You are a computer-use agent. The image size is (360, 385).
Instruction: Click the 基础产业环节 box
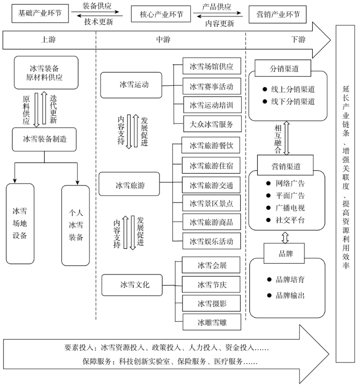point(40,13)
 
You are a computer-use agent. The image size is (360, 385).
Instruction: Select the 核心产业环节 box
point(161,14)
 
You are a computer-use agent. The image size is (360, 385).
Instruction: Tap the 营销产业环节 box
point(278,14)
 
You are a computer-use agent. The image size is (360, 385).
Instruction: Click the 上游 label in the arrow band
point(48,40)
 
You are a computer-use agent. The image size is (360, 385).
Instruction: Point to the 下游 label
point(298,40)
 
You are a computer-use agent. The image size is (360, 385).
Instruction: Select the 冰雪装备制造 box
point(44,139)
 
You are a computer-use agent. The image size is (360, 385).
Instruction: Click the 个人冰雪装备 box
point(76,226)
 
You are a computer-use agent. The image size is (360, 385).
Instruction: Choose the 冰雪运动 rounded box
point(131,85)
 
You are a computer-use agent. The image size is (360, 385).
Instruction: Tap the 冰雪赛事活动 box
point(212,86)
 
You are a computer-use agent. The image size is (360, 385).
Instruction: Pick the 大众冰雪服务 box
point(212,124)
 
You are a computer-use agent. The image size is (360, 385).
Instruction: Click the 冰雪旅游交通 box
point(211,185)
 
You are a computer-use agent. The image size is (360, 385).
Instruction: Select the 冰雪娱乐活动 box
point(212,241)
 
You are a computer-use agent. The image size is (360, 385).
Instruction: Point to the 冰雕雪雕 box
point(212,322)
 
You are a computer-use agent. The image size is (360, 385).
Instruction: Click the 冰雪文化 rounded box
point(132,285)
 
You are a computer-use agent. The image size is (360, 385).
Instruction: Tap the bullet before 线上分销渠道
point(265,89)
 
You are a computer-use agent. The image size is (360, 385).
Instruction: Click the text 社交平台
point(290,220)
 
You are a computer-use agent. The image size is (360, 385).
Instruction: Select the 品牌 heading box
point(284,253)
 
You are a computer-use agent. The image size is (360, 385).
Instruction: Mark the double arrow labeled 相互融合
point(286,138)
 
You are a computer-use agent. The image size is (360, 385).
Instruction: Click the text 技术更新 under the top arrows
point(99,22)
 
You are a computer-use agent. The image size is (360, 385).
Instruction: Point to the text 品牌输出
point(290,296)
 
